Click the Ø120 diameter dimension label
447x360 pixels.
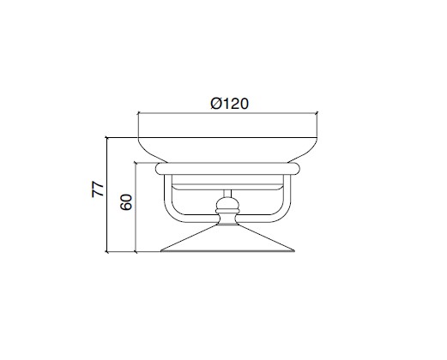click(x=230, y=104)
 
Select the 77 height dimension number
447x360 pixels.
click(x=98, y=189)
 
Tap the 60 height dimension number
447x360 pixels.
click(x=126, y=202)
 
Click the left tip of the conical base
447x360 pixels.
click(x=160, y=251)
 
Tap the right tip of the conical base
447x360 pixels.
click(x=294, y=251)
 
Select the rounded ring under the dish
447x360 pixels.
click(x=227, y=169)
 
